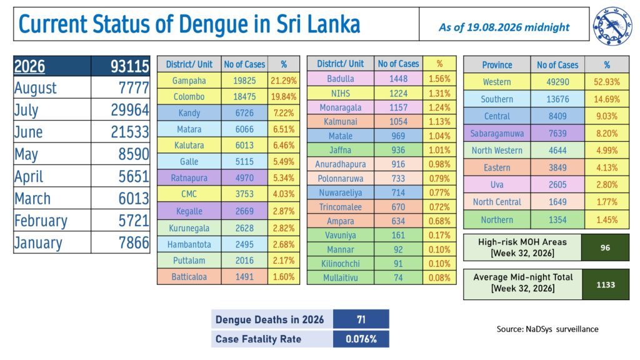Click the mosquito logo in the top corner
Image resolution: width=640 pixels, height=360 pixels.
(x=612, y=26)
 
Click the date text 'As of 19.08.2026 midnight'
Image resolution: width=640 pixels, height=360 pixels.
(x=504, y=27)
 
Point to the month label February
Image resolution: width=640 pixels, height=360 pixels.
(x=41, y=221)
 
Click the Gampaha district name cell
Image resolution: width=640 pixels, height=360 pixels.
(x=189, y=81)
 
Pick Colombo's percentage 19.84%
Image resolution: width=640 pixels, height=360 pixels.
(x=284, y=97)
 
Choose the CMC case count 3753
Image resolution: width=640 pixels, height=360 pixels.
(x=244, y=194)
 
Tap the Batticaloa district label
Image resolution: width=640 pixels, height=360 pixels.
(x=189, y=277)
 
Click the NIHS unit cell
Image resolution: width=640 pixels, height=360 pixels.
(x=341, y=94)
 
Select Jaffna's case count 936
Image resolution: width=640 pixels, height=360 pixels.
(x=398, y=150)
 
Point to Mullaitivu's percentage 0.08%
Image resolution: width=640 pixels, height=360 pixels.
(x=439, y=278)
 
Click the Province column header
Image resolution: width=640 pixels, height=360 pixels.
(x=497, y=65)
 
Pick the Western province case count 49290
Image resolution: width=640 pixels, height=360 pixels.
(x=557, y=82)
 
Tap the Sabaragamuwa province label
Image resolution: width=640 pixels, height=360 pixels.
(x=497, y=134)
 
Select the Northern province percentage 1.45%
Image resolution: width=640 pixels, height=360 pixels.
(x=607, y=220)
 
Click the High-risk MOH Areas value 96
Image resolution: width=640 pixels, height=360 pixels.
(x=605, y=247)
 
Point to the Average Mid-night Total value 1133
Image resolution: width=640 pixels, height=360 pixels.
(x=606, y=285)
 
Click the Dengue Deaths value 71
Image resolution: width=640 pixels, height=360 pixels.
(x=361, y=319)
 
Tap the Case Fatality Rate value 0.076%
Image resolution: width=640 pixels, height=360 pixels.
(x=361, y=339)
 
